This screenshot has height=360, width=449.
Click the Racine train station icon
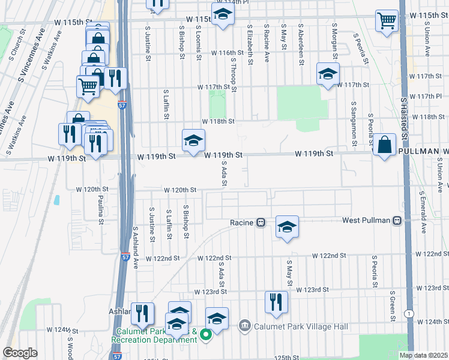click(x=261, y=222)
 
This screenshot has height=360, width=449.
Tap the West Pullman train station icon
click(x=397, y=221)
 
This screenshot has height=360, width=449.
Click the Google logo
click(x=20, y=353)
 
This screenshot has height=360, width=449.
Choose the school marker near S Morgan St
click(x=328, y=74)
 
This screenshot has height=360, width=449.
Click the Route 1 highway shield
click(x=409, y=314)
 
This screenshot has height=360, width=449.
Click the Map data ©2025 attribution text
click(x=424, y=355)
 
